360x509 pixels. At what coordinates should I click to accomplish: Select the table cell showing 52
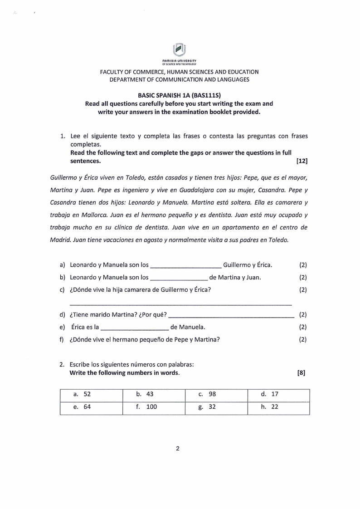[x=91, y=394]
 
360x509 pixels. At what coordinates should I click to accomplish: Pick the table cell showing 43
[x=154, y=394]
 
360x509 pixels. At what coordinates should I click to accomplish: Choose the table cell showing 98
[x=216, y=394]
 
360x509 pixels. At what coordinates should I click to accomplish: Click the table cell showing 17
[x=278, y=394]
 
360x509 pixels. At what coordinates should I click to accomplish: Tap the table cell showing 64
[x=91, y=407]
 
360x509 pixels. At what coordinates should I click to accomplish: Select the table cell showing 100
[x=154, y=407]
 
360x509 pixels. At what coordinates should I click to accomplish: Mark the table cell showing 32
[x=216, y=407]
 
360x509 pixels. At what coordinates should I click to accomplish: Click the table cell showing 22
[x=278, y=407]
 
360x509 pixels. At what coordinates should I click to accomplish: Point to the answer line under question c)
[x=180, y=304]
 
